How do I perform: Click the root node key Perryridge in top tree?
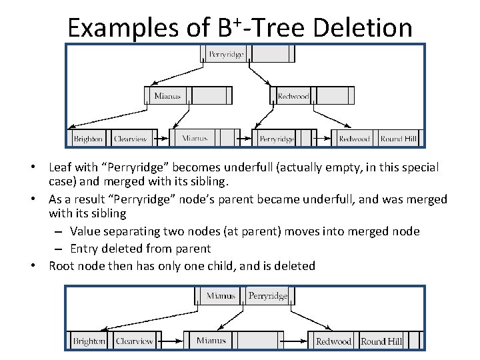[x=227, y=53]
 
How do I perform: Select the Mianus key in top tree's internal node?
[x=167, y=96]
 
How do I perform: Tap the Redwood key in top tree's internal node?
[x=293, y=96]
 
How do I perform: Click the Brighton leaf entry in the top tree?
[x=89, y=139]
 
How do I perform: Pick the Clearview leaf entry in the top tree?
[x=131, y=139]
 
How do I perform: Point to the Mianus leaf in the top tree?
[x=195, y=139]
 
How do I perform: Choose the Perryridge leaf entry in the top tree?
[x=277, y=139]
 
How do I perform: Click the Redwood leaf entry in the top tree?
[x=354, y=139]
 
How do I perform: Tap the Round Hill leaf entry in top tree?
[x=399, y=139]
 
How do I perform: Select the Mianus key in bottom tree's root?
[x=221, y=295]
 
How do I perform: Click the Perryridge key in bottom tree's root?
[x=267, y=295]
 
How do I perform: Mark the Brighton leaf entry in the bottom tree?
[x=89, y=341]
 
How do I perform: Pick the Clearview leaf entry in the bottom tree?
[x=134, y=341]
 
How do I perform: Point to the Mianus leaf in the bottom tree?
[x=211, y=341]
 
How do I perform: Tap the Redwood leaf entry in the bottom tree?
[x=333, y=341]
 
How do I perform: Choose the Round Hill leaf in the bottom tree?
[x=381, y=341]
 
